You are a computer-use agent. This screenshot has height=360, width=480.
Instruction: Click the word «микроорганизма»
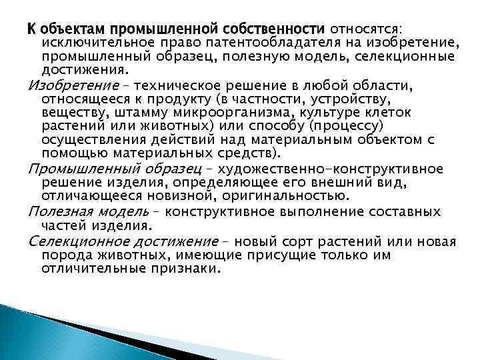pyautogui.click(x=235, y=113)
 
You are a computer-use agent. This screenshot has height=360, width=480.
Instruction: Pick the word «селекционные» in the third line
pyautogui.click(x=411, y=57)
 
